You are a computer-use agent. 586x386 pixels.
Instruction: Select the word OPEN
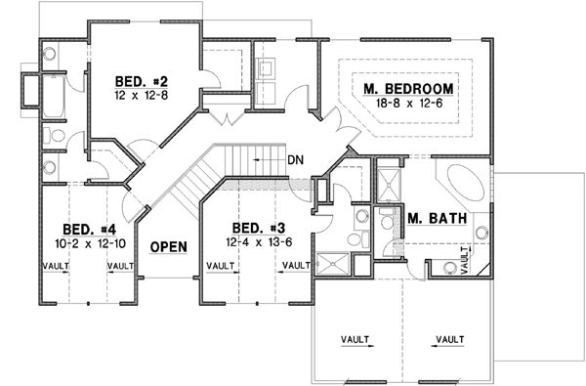point(168,246)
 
